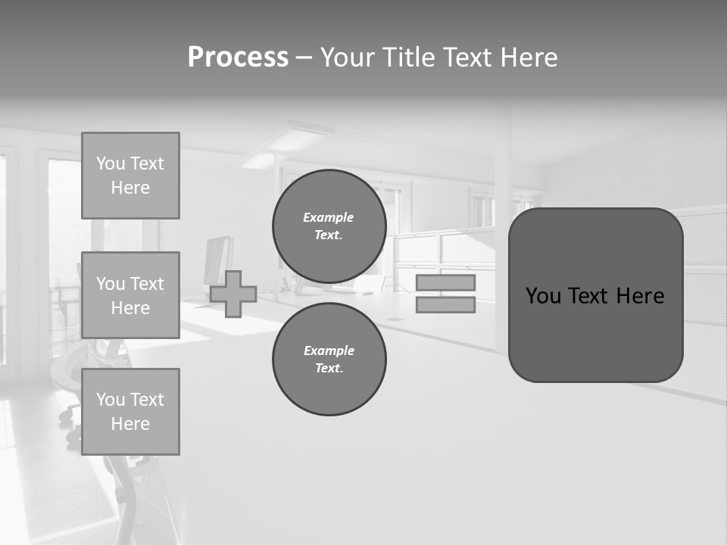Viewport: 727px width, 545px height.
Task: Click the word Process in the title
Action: (x=238, y=58)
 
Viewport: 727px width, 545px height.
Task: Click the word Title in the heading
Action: (x=408, y=58)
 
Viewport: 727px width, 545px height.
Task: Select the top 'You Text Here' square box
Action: (x=130, y=176)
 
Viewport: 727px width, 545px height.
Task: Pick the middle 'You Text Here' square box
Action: (x=130, y=295)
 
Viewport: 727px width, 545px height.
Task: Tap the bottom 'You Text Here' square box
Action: (x=130, y=412)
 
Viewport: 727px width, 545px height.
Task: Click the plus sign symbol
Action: (x=233, y=294)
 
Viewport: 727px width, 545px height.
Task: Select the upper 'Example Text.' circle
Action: (x=329, y=226)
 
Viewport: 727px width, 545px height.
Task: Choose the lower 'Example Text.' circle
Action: (x=329, y=359)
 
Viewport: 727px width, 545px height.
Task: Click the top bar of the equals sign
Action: (x=445, y=282)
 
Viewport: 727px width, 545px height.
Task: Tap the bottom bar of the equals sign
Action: (x=445, y=305)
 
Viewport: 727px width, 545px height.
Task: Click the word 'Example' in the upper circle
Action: (x=329, y=217)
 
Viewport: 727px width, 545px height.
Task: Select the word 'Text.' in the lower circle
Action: (x=329, y=369)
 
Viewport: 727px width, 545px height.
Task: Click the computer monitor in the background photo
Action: (x=218, y=260)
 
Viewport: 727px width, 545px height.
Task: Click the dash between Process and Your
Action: (x=304, y=58)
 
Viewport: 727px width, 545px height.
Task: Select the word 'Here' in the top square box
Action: (x=130, y=188)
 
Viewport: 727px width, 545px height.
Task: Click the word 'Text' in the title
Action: (x=466, y=58)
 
